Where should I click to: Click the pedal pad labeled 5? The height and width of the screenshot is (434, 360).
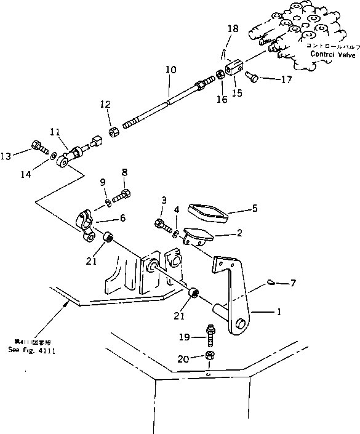[207, 211]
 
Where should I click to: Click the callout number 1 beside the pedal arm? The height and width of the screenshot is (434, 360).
[279, 312]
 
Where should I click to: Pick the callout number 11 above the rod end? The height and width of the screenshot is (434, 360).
[55, 132]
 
